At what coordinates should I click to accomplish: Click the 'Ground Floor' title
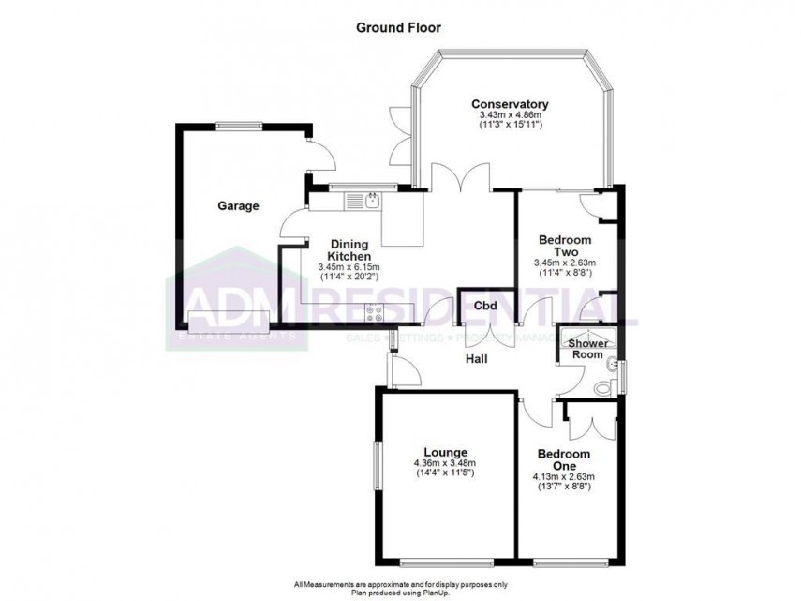tap(398, 27)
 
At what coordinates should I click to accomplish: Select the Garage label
tap(238, 206)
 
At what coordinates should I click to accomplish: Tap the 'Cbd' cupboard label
tap(484, 306)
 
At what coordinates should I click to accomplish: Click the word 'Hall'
tap(477, 358)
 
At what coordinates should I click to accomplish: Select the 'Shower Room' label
tap(586, 348)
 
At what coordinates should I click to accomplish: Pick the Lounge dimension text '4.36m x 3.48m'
tap(445, 463)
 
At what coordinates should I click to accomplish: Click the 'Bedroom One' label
tap(563, 460)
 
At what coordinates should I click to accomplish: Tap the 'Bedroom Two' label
tap(564, 246)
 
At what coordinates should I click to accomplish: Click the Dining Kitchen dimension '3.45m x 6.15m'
tap(349, 267)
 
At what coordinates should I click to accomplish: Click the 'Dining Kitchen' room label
tap(349, 249)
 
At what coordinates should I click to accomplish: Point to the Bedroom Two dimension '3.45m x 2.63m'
tap(565, 263)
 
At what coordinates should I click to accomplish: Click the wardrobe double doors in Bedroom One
tap(589, 419)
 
